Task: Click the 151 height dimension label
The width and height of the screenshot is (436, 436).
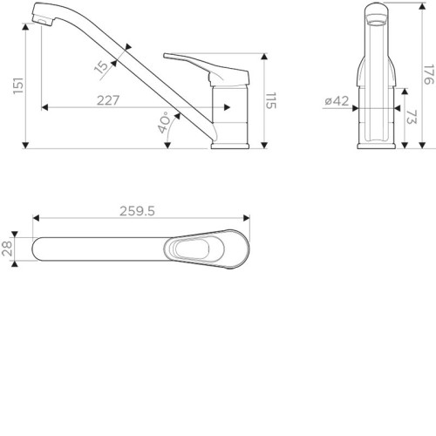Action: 18,85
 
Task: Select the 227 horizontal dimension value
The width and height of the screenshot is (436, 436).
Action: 108,100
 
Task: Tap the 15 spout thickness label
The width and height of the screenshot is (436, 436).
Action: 101,67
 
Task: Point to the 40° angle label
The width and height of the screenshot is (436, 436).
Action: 164,122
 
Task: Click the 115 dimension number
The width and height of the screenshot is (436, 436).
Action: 271,101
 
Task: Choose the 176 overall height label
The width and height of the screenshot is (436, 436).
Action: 429,74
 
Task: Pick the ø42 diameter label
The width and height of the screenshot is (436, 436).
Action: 337,101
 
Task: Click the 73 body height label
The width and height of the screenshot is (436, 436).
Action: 412,117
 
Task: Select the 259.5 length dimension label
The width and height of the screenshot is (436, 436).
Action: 137,211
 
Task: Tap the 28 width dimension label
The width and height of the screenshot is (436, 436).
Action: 7,249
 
